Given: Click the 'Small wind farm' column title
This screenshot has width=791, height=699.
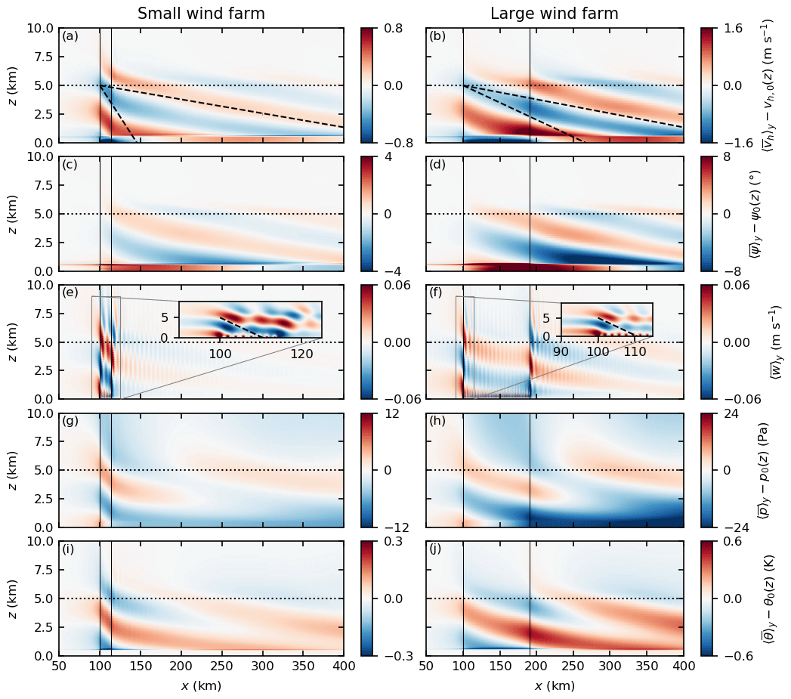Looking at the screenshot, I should [201, 14].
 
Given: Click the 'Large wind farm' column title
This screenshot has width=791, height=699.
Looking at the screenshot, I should [555, 14].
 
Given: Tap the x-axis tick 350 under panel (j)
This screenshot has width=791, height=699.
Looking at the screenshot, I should [647, 668].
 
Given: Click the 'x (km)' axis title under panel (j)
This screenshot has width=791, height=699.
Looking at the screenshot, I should [555, 686].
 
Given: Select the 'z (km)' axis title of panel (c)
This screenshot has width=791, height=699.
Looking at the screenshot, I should [13, 214].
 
